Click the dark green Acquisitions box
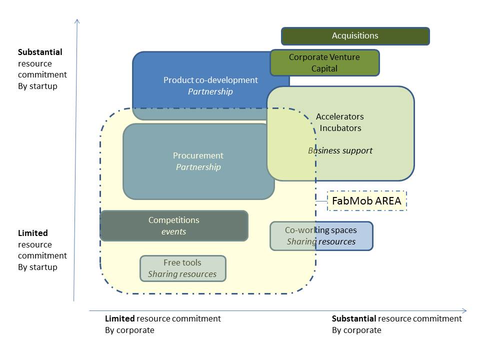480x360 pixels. [x=355, y=36]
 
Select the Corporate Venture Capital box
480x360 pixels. [x=324, y=63]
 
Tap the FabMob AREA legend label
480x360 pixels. [x=367, y=201]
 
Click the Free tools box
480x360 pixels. [x=182, y=268]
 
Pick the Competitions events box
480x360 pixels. [x=173, y=226]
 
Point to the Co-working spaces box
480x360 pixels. [x=321, y=236]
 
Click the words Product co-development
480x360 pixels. [x=210, y=80]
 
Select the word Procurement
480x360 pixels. [x=198, y=155]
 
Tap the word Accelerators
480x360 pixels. [x=340, y=116]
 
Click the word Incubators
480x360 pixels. [x=340, y=128]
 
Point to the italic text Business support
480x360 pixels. [x=340, y=150]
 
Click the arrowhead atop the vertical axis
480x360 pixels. [x=77, y=20]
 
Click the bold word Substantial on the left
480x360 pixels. [x=40, y=52]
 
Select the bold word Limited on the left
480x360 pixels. [x=33, y=233]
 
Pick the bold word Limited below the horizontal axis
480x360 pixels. [x=119, y=318]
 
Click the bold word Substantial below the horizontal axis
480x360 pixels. [x=354, y=318]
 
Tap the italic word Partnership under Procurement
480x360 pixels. [x=198, y=167]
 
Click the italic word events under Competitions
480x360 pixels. [x=173, y=231]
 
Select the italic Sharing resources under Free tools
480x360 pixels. [x=182, y=274]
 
